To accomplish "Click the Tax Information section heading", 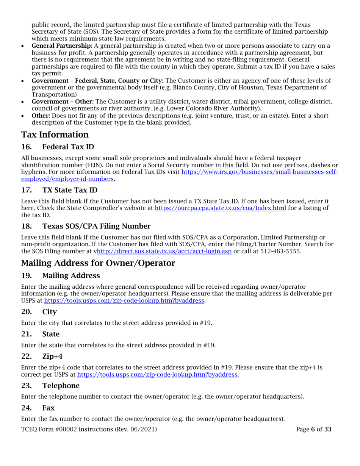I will [55, 134].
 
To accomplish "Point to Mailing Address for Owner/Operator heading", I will [98, 263].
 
